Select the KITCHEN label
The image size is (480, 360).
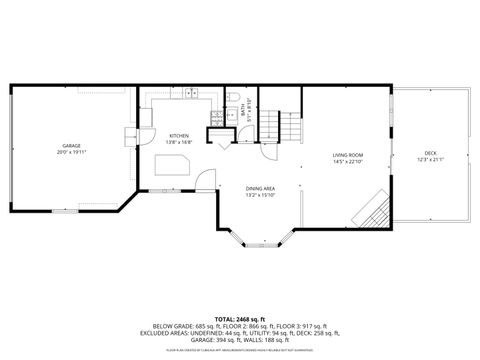point(179,135)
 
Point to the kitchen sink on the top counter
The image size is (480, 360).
point(191,94)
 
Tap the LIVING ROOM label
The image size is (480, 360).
point(347,155)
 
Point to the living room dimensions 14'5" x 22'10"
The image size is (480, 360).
point(347,163)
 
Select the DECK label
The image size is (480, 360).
point(430,152)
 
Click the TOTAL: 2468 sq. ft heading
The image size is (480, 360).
point(239,319)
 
